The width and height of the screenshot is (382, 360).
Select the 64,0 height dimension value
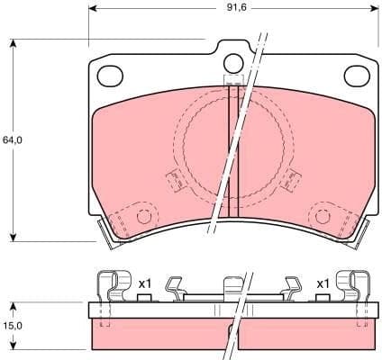[12, 140]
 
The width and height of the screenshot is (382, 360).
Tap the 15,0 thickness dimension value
[12, 326]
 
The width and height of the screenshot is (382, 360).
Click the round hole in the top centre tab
[233, 63]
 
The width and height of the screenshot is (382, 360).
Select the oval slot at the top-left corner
[109, 76]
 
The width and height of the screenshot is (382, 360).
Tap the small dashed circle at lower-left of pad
[142, 216]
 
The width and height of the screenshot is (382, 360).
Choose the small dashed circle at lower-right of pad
[322, 215]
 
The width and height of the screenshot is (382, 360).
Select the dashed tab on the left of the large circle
[176, 181]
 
